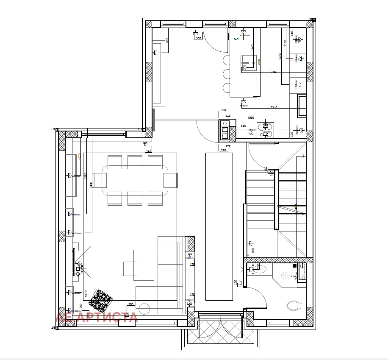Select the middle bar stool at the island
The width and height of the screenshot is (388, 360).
pyautogui.click(x=224, y=74)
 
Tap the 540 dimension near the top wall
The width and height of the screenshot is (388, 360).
pyautogui.click(x=236, y=39)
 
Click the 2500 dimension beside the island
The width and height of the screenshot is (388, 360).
pyautogui.click(x=259, y=62)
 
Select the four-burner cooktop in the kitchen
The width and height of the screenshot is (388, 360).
pyautogui.click(x=265, y=129)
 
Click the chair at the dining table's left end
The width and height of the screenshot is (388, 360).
pyautogui.click(x=100, y=180)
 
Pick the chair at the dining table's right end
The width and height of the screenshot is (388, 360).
pyautogui.click(x=170, y=180)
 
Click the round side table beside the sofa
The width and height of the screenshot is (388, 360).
pyautogui.click(x=144, y=309)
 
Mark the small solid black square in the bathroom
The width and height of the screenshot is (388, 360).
pyautogui.click(x=294, y=265)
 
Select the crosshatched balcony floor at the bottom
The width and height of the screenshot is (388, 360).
pyautogui.click(x=220, y=333)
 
